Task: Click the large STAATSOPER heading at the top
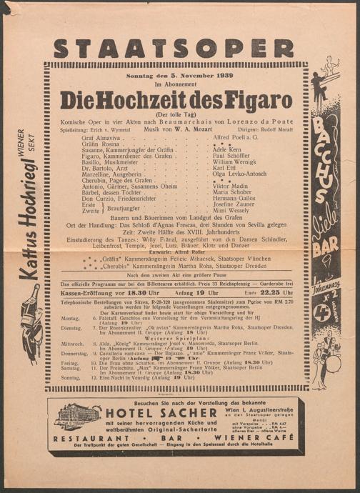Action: tap(173, 49)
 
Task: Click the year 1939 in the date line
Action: tap(212, 74)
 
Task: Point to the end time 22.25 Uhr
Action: tap(278, 292)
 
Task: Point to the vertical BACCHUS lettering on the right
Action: tap(319, 157)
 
